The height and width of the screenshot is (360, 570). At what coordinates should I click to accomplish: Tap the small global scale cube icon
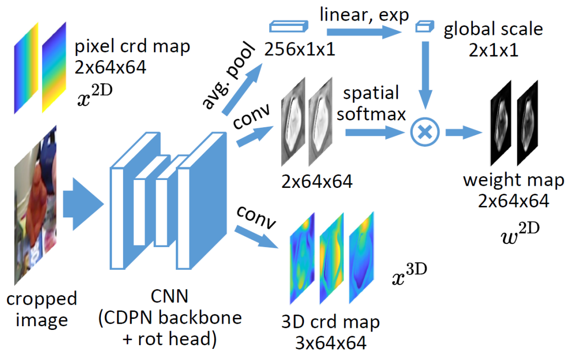pyautogui.click(x=422, y=27)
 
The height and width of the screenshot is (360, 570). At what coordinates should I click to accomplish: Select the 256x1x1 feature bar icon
pyautogui.click(x=288, y=27)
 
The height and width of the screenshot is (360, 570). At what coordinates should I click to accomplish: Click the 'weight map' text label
pyautogui.click(x=514, y=181)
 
